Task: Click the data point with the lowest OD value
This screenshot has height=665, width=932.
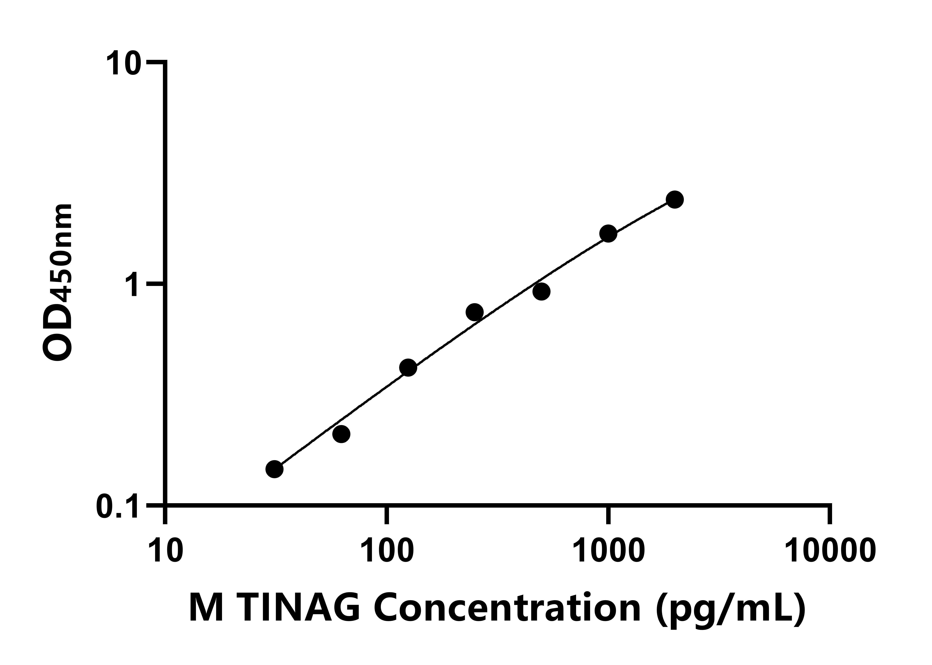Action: point(274,469)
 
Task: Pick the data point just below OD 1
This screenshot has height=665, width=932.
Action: point(542,291)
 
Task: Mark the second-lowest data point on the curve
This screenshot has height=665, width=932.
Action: point(341,434)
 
